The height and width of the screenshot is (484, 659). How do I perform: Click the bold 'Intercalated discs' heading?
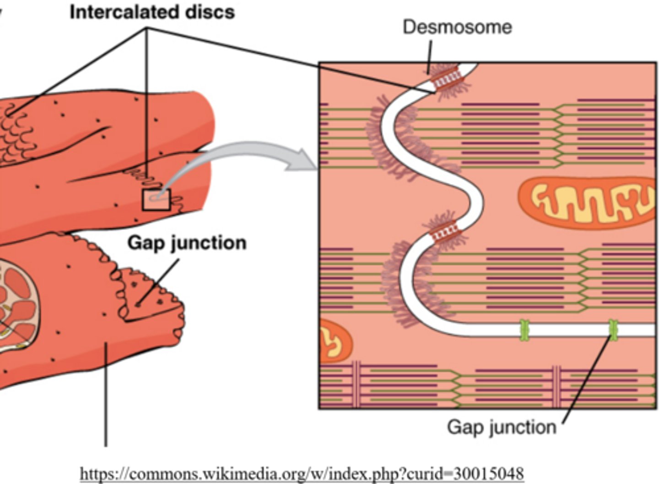tap(152, 11)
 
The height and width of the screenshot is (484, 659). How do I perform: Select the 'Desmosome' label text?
tap(457, 27)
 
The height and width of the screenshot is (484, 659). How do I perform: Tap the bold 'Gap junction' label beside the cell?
tap(187, 242)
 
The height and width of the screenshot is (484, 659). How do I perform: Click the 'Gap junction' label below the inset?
tap(501, 427)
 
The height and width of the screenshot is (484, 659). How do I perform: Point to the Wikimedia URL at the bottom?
tap(302, 473)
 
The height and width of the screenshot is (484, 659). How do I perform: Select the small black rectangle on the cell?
tap(156, 200)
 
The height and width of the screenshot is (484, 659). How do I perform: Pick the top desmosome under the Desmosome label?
tap(446, 77)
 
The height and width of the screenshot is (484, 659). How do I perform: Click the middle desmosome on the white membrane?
tap(444, 230)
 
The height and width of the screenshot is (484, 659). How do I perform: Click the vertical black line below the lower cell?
tap(106, 394)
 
